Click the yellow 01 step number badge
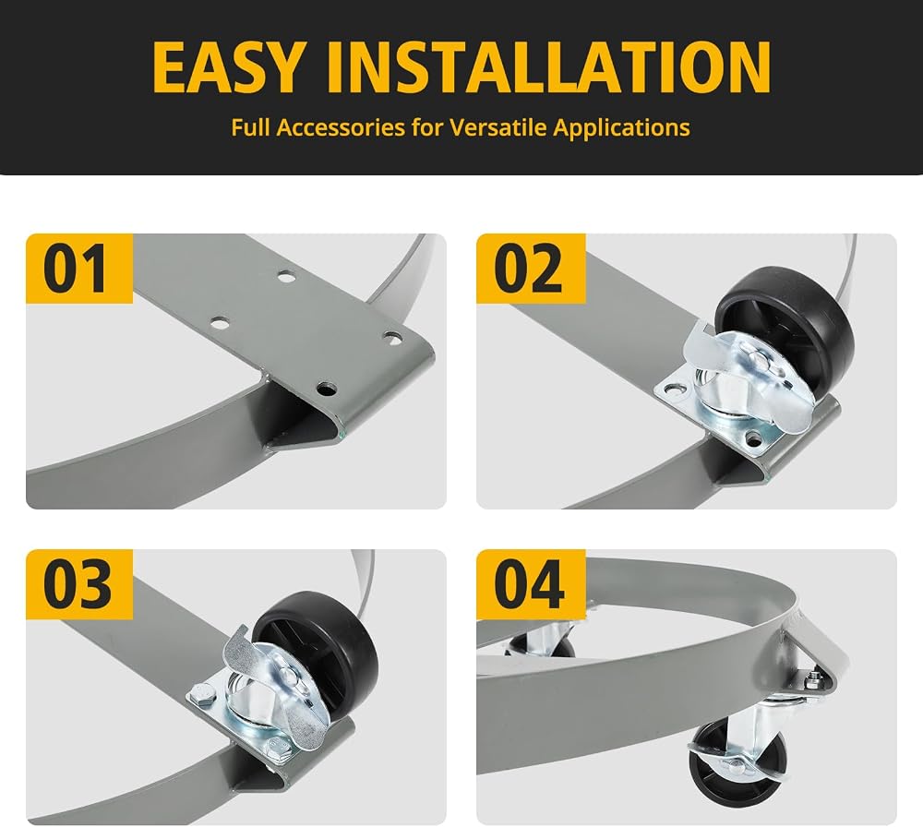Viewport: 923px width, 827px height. pyautogui.click(x=78, y=269)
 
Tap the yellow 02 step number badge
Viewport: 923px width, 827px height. pyautogui.click(x=531, y=269)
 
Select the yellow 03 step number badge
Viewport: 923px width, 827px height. pyautogui.click(x=78, y=584)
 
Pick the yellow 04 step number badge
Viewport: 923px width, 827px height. pyautogui.click(x=531, y=584)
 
